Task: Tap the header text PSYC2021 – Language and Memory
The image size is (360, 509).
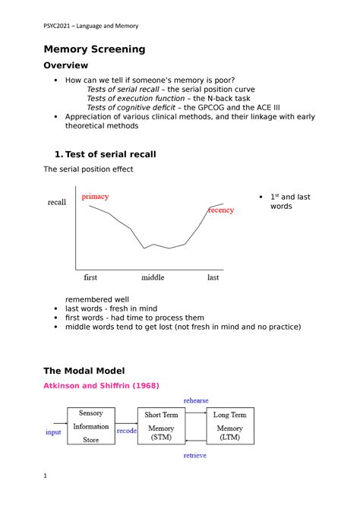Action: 90,27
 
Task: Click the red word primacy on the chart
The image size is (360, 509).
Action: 95,196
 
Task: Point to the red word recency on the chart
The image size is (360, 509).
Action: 221,210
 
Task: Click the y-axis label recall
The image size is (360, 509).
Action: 57,203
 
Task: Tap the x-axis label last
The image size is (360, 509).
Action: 213,277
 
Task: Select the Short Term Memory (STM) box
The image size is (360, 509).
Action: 161,428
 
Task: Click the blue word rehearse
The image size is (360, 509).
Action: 195,400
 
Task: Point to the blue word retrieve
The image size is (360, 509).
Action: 195,456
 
